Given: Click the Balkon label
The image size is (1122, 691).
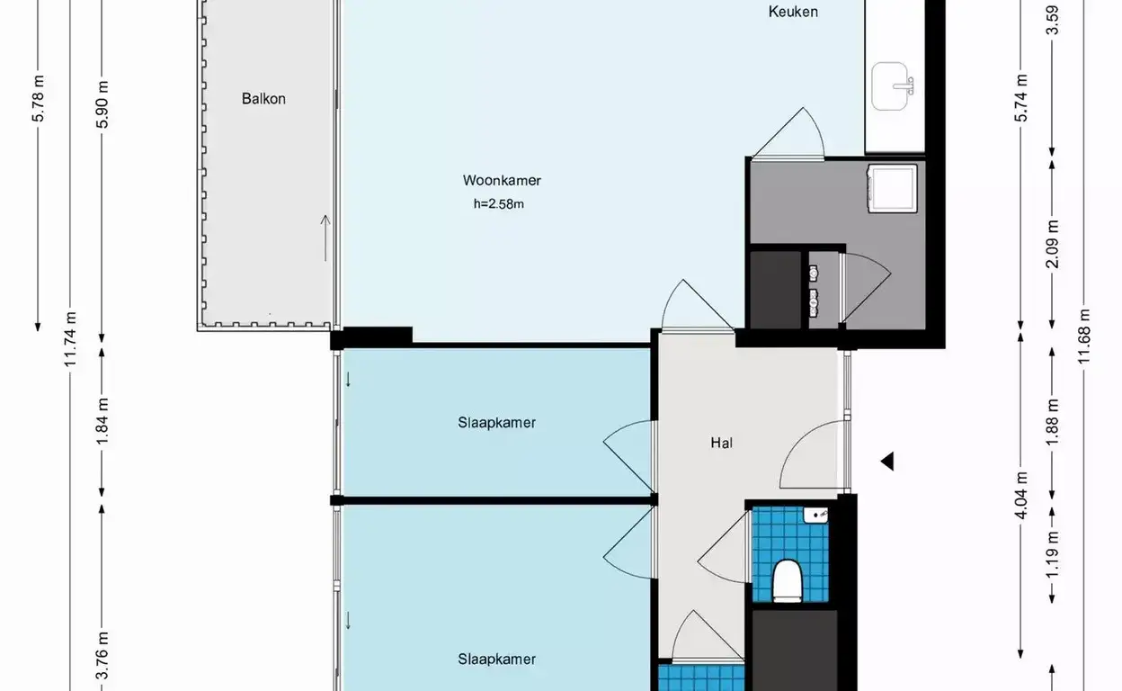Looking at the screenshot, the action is [263, 99].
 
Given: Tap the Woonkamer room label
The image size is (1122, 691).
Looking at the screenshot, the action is [502, 181].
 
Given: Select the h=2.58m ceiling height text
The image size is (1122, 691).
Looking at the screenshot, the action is [499, 204].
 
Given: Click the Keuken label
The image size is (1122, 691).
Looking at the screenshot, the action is [793, 12].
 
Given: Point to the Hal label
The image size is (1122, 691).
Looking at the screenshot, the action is [721, 443].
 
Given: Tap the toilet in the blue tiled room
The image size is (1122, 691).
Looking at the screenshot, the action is [788, 580].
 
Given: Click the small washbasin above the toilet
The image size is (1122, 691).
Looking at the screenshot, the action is [815, 515].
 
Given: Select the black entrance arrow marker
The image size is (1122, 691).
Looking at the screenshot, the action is [887, 462].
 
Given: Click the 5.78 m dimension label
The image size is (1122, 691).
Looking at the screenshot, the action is [38, 98].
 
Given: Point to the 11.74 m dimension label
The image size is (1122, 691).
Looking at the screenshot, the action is [70, 339].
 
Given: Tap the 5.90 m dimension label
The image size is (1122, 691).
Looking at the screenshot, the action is [102, 104].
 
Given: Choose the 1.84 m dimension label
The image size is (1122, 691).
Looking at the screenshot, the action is [102, 421].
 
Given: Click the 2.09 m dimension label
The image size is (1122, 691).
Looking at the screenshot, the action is [1053, 244].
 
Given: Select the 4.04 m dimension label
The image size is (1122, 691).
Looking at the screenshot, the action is [1021, 496].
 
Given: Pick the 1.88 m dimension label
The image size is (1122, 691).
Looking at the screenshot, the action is [1053, 422].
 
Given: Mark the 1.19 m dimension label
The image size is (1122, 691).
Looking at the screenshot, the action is [1053, 554].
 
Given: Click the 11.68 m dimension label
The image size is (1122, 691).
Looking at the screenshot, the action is [1084, 337].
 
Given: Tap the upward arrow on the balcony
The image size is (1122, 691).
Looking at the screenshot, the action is [325, 238].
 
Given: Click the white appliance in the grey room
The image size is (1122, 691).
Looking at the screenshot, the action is [893, 189].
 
